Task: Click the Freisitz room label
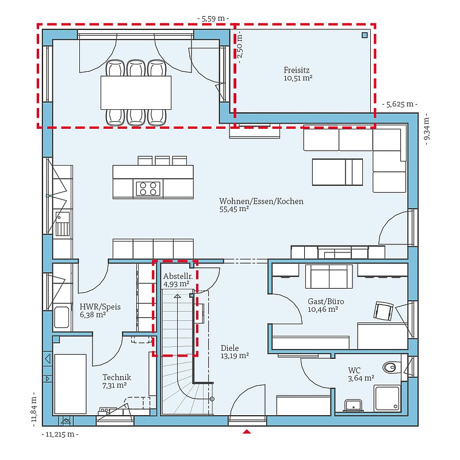297,70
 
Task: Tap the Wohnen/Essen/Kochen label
262,201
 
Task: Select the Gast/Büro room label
325,301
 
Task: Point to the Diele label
229,348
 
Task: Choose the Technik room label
117,377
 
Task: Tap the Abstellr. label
178,276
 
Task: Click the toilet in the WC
391,367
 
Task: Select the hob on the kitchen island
148,189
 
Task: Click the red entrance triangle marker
247,431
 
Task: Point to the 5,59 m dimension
213,18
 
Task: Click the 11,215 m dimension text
60,434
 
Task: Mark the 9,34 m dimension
427,129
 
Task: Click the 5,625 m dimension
400,104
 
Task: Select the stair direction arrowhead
177,296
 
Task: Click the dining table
136,93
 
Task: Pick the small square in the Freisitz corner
365,35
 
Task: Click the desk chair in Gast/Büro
383,310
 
